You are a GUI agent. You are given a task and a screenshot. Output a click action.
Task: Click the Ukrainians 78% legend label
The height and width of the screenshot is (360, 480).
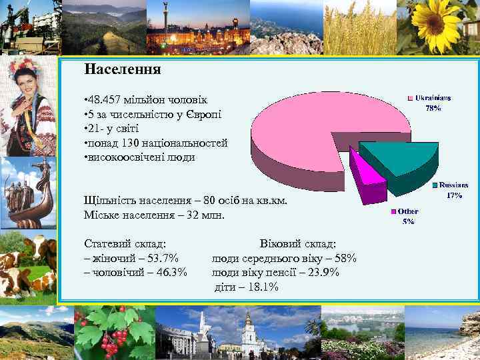433,102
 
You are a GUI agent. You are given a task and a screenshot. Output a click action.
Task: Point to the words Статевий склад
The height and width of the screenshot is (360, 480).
125,244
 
